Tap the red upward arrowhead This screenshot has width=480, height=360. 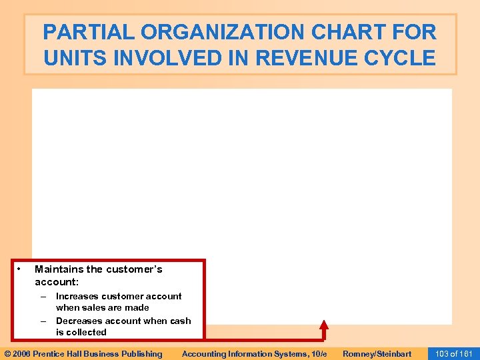[x=324, y=325]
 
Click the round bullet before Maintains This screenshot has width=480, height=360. [x=20, y=269]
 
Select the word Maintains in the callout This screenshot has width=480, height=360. [x=59, y=269]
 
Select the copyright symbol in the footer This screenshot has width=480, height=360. [x=7, y=354]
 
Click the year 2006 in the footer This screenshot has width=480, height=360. [x=23, y=354]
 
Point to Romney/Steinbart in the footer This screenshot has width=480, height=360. [x=377, y=354]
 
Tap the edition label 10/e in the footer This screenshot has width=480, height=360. [x=317, y=354]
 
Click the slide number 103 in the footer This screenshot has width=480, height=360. [x=441, y=354]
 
